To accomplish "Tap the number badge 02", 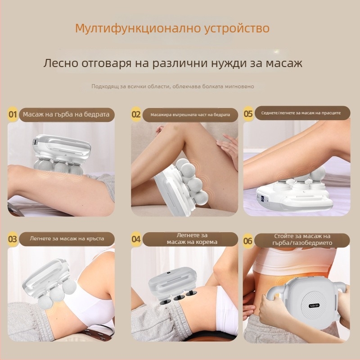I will click(x=136, y=114).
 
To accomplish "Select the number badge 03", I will click(x=13, y=239).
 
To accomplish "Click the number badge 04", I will click(x=136, y=239).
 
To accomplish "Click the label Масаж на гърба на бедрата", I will click(x=66, y=114).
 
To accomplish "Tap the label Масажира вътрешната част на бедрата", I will click(x=190, y=115).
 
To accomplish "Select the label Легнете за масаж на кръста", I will click(x=67, y=239).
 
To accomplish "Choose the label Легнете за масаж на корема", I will click(x=192, y=238).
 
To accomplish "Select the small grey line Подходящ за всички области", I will click(x=173, y=86).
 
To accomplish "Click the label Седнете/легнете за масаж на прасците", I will click(x=301, y=113).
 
